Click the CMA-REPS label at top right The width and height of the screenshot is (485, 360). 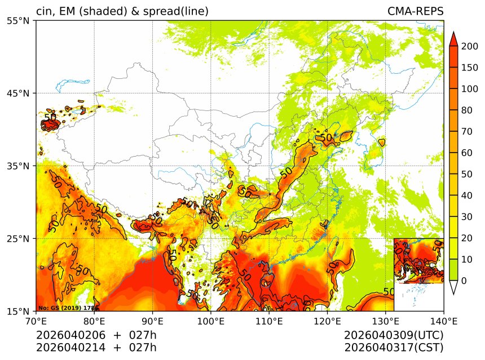pos(415,11)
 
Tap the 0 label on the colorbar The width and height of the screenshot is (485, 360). pos(464,281)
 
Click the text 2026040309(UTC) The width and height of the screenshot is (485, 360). pos(394,335)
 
